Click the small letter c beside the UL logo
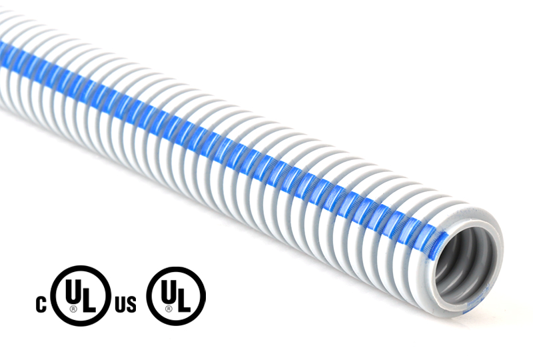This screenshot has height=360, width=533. coord(41,305)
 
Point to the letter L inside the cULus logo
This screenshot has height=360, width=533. coord(89,301)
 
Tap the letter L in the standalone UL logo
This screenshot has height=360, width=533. coord(185,301)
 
